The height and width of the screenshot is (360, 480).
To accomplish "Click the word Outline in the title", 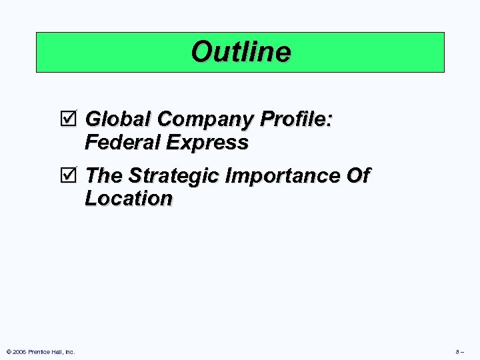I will click(x=241, y=52).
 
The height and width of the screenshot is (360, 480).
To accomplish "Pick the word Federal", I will click(x=121, y=143).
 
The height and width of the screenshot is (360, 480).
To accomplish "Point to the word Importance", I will click(x=283, y=176).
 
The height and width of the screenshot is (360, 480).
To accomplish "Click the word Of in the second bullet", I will click(x=357, y=176).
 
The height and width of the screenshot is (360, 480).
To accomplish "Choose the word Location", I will click(x=129, y=199).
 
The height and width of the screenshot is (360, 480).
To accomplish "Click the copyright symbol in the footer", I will click(x=7, y=351).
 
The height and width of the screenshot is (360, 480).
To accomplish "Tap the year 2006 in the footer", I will click(x=18, y=351).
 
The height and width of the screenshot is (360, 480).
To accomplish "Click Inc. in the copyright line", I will click(x=70, y=351).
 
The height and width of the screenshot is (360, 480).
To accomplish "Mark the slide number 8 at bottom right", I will click(x=458, y=351).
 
